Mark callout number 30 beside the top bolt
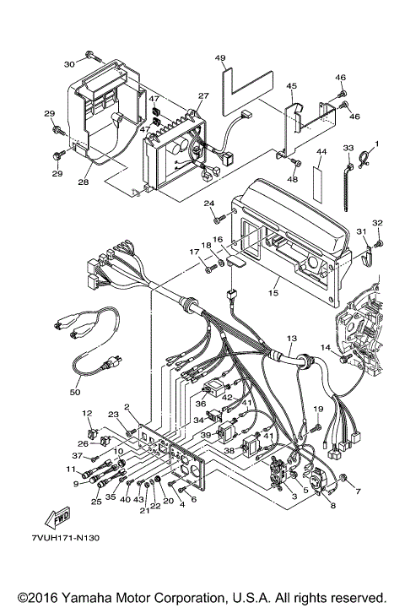point(69,63)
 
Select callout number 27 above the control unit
point(202,97)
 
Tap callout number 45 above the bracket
point(291,86)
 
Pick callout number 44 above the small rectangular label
point(320,153)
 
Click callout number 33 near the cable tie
point(348,149)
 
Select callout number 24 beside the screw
point(208,204)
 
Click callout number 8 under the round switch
point(332,505)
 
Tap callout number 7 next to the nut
point(356,491)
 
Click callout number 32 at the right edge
point(377,223)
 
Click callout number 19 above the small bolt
point(319,410)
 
